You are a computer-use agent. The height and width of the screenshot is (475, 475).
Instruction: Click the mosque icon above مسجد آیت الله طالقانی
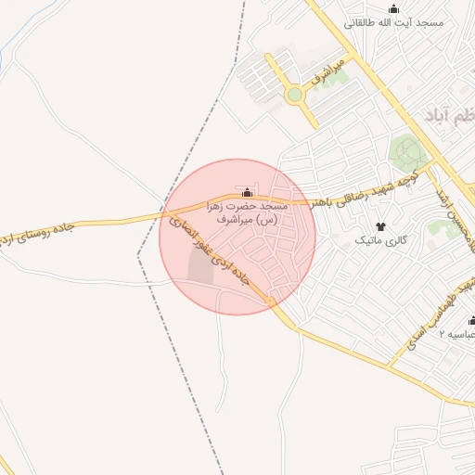[393, 9]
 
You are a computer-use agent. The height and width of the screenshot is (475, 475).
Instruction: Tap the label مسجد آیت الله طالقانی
[393, 22]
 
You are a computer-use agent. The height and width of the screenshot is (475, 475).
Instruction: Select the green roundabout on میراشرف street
[295, 95]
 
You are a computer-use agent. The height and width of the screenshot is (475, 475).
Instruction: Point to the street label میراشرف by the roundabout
[327, 72]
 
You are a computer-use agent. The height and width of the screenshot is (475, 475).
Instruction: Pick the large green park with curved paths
[404, 148]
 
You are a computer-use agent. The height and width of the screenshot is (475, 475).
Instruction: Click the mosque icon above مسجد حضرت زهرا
[247, 193]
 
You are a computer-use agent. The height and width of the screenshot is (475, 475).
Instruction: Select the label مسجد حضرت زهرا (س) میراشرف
[247, 212]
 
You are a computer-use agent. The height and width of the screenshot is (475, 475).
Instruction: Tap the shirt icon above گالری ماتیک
[379, 226]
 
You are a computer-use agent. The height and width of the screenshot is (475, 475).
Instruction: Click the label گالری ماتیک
[381, 240]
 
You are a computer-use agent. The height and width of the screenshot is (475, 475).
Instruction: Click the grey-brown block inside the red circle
[199, 266]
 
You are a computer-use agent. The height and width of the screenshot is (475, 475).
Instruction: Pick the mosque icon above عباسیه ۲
[471, 321]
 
